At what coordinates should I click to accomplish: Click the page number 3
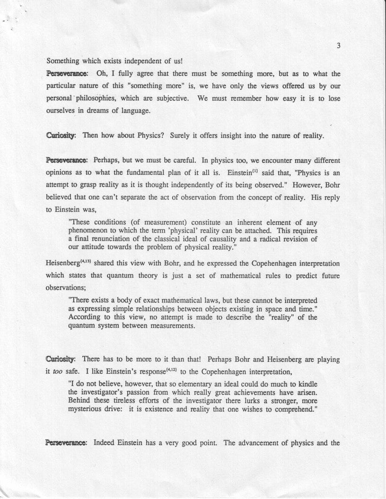click(x=339, y=46)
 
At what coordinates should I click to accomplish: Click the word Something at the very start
click(x=63, y=61)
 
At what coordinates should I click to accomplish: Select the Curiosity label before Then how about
click(x=61, y=136)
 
